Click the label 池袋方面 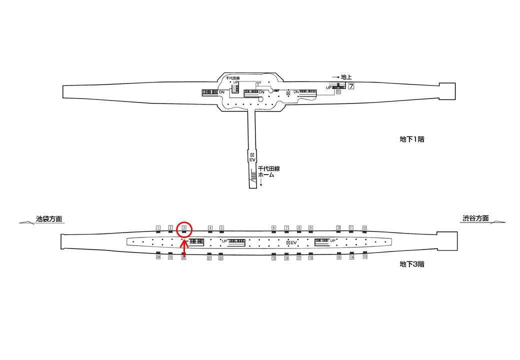[x=49, y=219]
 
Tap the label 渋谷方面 [x=475, y=218]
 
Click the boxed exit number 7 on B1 [x=351, y=86]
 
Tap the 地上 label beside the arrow [x=346, y=77]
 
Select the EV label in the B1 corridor [x=252, y=160]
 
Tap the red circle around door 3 [x=184, y=228]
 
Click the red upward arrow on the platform [x=184, y=250]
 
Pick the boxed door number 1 [x=158, y=228]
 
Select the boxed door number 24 [x=158, y=257]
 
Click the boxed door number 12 [x=364, y=228]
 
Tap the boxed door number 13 [x=365, y=257]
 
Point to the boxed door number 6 [x=274, y=228]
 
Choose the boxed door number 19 [x=274, y=258]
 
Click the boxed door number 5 [x=221, y=228]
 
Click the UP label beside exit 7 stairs [x=328, y=88]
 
